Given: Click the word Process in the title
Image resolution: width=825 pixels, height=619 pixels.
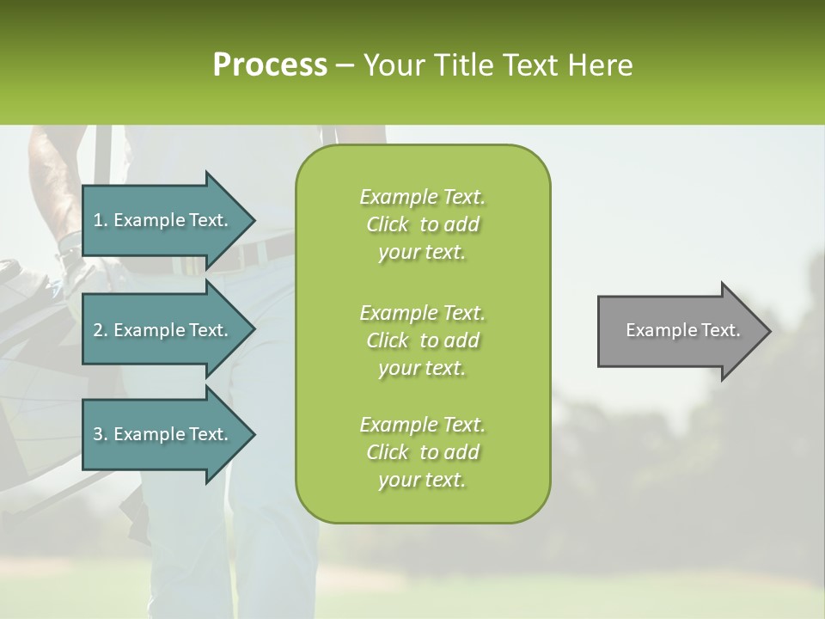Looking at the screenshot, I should pos(270,65).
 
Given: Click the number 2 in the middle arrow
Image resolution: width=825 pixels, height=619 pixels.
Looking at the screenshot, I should pos(97,330).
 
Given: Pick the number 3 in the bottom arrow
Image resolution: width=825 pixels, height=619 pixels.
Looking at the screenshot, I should pos(97,434).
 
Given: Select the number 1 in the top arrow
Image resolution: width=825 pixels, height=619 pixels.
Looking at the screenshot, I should pos(97,220).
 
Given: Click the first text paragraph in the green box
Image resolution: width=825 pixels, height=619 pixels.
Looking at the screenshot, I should pos(422,224).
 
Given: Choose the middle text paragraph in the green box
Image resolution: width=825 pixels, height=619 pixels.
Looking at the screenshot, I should pos(422,340).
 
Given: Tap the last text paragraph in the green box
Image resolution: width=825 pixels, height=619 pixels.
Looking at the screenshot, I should pos(422,452).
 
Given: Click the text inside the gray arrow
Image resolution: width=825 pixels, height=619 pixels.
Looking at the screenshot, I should pos(682,330).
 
